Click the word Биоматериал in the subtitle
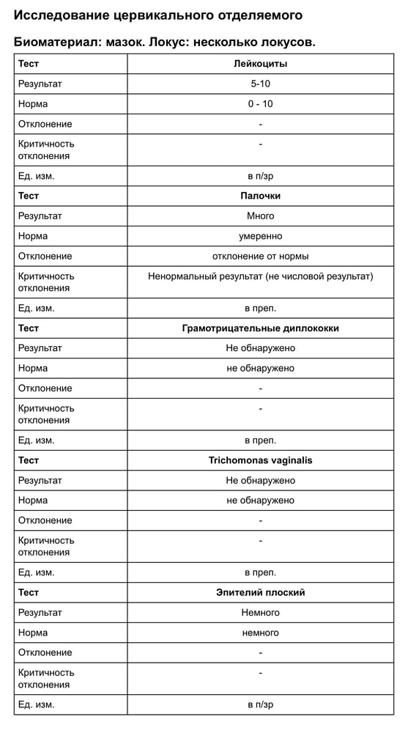click(x=56, y=42)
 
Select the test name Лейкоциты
click(x=260, y=64)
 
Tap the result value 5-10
click(x=260, y=84)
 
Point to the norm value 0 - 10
click(x=260, y=104)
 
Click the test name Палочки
click(x=260, y=196)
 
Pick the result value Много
click(x=260, y=216)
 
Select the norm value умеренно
click(x=260, y=236)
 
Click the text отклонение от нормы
click(x=260, y=256)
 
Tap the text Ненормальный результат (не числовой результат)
click(x=260, y=276)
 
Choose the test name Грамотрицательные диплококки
click(x=260, y=328)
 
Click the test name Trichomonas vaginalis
click(x=260, y=460)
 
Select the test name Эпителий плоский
click(x=260, y=592)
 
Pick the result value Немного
click(x=260, y=612)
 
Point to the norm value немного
click(x=260, y=633)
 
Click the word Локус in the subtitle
click(x=168, y=42)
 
